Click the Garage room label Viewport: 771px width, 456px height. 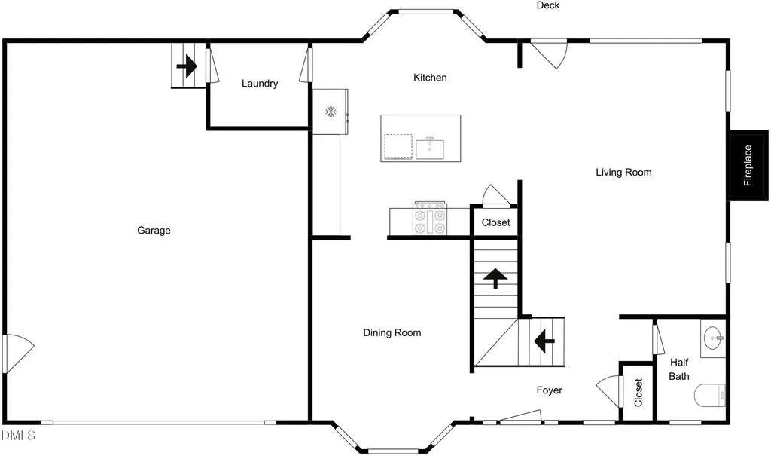point(154,231)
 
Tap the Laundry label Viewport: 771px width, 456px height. point(260,84)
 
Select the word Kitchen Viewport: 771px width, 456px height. point(430,78)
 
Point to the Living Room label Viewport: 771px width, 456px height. point(623,173)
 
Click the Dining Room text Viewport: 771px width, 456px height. point(392,333)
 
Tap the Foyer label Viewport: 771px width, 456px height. point(549,390)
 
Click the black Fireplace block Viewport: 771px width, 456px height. point(748,166)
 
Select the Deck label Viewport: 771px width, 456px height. point(548,5)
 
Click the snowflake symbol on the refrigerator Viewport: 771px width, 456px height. point(331,112)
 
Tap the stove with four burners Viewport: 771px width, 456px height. point(430,219)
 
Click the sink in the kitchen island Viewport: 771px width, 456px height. point(430,149)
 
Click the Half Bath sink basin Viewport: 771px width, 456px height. point(715,338)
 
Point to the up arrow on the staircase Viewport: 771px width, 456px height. point(495,278)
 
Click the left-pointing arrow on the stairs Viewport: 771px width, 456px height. point(544,341)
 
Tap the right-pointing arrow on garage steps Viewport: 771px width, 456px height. point(187,66)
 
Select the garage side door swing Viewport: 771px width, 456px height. point(19,353)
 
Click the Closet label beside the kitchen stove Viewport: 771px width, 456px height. point(495,222)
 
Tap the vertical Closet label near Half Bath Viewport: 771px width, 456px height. point(638,393)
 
